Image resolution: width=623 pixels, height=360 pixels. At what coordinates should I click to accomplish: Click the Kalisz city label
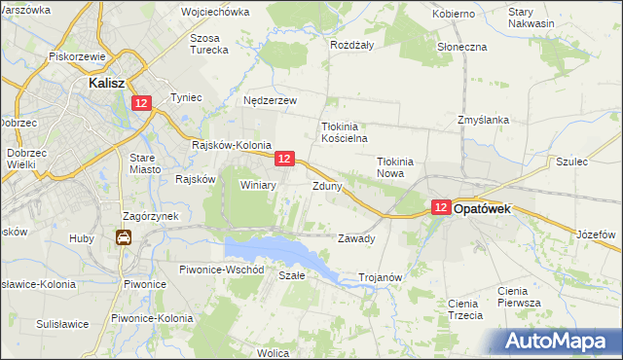pos(103,84)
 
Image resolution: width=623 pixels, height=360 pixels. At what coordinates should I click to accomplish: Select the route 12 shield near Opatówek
pos(441,207)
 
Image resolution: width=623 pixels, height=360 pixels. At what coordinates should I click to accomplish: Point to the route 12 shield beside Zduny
pos(284,159)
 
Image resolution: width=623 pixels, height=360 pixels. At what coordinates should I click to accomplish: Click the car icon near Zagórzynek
pos(124,236)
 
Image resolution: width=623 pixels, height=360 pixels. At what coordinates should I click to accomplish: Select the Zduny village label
pos(327,185)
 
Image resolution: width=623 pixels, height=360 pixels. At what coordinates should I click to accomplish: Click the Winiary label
pos(259,184)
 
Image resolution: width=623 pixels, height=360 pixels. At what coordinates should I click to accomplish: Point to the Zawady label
pos(355,238)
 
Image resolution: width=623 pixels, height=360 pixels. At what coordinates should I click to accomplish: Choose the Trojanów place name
pos(381,277)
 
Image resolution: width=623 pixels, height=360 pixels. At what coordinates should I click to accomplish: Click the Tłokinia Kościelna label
pos(343,132)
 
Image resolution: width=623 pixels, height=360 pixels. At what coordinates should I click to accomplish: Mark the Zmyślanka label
pos(484,120)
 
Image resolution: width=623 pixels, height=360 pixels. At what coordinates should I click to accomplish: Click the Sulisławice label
pos(63,323)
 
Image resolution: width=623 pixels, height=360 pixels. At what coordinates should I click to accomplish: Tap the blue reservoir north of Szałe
pos(282,251)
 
